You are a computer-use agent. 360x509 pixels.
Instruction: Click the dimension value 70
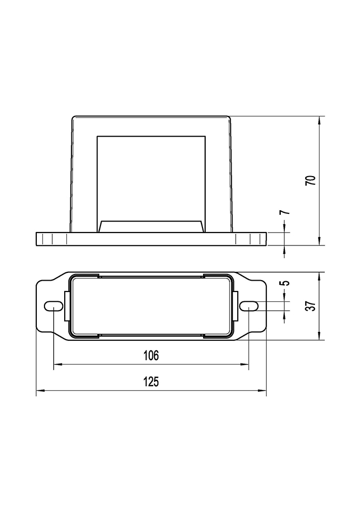click(x=311, y=181)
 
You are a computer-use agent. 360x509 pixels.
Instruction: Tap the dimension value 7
click(x=284, y=213)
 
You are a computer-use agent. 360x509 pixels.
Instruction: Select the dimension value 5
click(x=284, y=283)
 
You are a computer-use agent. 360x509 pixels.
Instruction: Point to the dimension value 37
click(x=311, y=306)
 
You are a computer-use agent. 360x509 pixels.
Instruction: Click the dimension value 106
click(x=151, y=355)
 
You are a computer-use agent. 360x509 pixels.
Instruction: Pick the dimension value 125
click(x=151, y=382)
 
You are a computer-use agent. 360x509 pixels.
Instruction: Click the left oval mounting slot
click(x=53, y=306)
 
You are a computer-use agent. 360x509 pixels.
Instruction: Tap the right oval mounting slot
click(x=249, y=306)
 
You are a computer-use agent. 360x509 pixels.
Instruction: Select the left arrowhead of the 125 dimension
click(x=40, y=390)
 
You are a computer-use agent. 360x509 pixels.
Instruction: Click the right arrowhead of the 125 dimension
click(x=262, y=390)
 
